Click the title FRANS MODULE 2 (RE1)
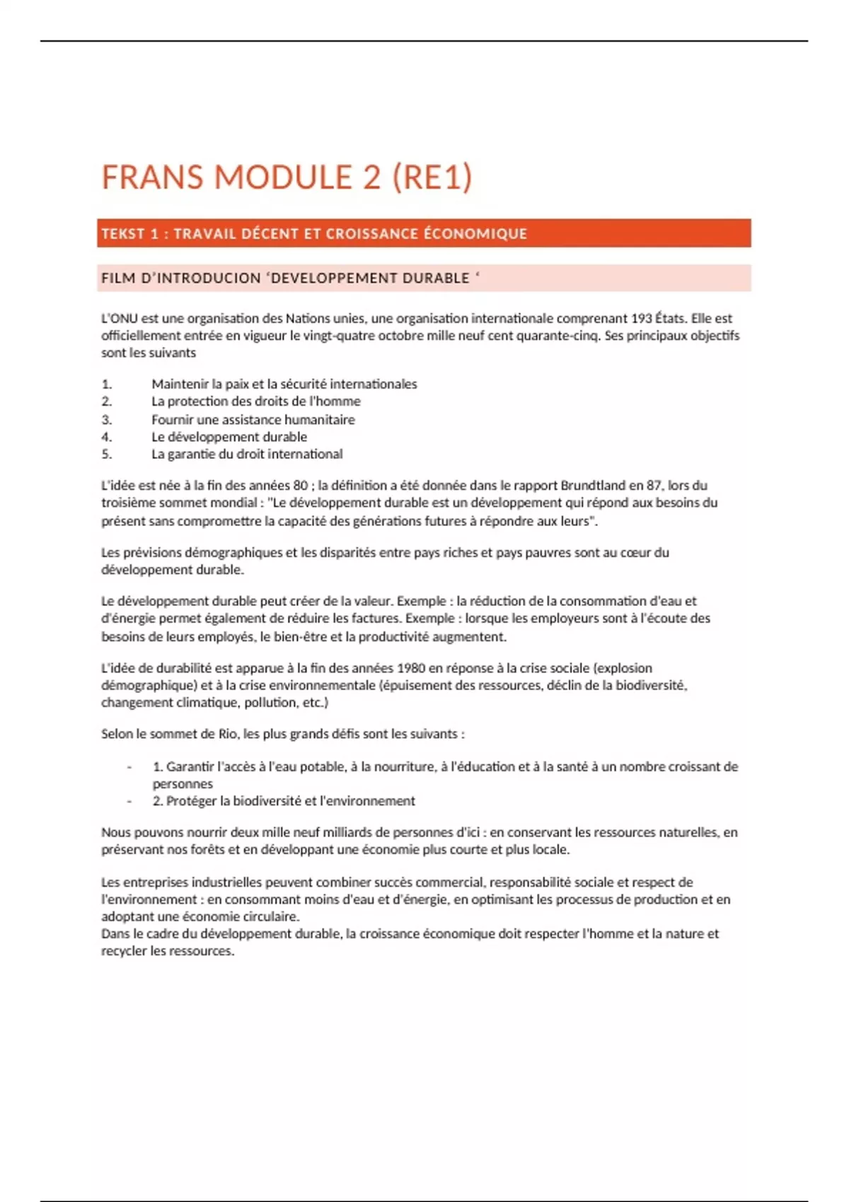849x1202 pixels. pos(287,177)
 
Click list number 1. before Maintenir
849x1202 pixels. pos(107,385)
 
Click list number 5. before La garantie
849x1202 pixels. pos(107,455)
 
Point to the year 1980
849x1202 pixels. pos(412,668)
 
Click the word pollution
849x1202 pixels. pos(270,703)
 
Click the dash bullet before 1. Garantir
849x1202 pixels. pos(129,767)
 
